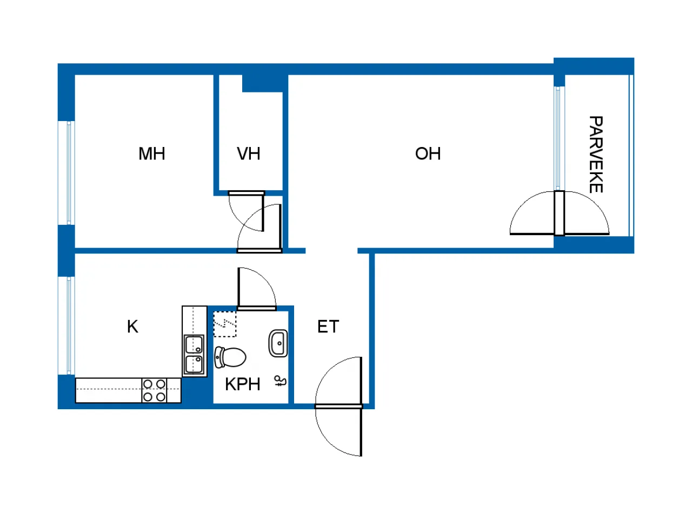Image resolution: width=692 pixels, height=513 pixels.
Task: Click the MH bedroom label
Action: pos(152,154)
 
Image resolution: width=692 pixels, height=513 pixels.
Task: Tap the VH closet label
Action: pos(249,154)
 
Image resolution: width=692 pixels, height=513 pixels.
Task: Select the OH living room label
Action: pos(428,154)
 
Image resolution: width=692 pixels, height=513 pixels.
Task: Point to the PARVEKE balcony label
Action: pos(596,154)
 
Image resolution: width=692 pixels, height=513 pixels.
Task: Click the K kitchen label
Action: pos(132,327)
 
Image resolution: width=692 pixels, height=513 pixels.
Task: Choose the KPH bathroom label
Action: pos(243,384)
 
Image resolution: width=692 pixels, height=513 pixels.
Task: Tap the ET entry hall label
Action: pos(328,327)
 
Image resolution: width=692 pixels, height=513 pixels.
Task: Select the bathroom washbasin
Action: pos(278,343)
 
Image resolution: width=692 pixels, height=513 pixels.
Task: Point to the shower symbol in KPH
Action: pos(281,382)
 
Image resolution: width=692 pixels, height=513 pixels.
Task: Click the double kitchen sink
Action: pos(194,355)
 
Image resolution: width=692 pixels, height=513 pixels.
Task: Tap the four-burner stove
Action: pos(154,390)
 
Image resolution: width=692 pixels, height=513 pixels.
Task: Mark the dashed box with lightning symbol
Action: pos(225,324)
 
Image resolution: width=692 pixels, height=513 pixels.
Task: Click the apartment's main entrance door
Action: pos(338,405)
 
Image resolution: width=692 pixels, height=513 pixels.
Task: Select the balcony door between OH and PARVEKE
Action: pos(560,214)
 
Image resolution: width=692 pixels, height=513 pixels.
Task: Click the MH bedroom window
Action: pos(69,172)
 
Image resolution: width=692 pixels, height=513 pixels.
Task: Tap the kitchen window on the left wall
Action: pos(69,325)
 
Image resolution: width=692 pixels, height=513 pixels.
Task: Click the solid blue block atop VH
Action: pos(262,83)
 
